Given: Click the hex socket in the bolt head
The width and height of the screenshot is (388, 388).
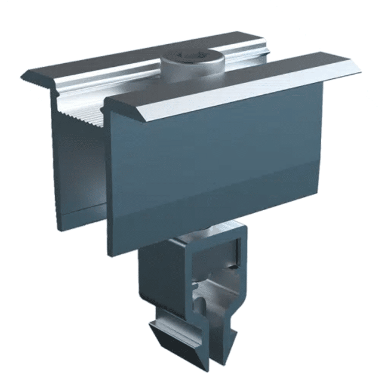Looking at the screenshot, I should (192, 57).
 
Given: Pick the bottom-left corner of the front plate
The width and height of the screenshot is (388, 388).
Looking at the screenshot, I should (110, 255).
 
